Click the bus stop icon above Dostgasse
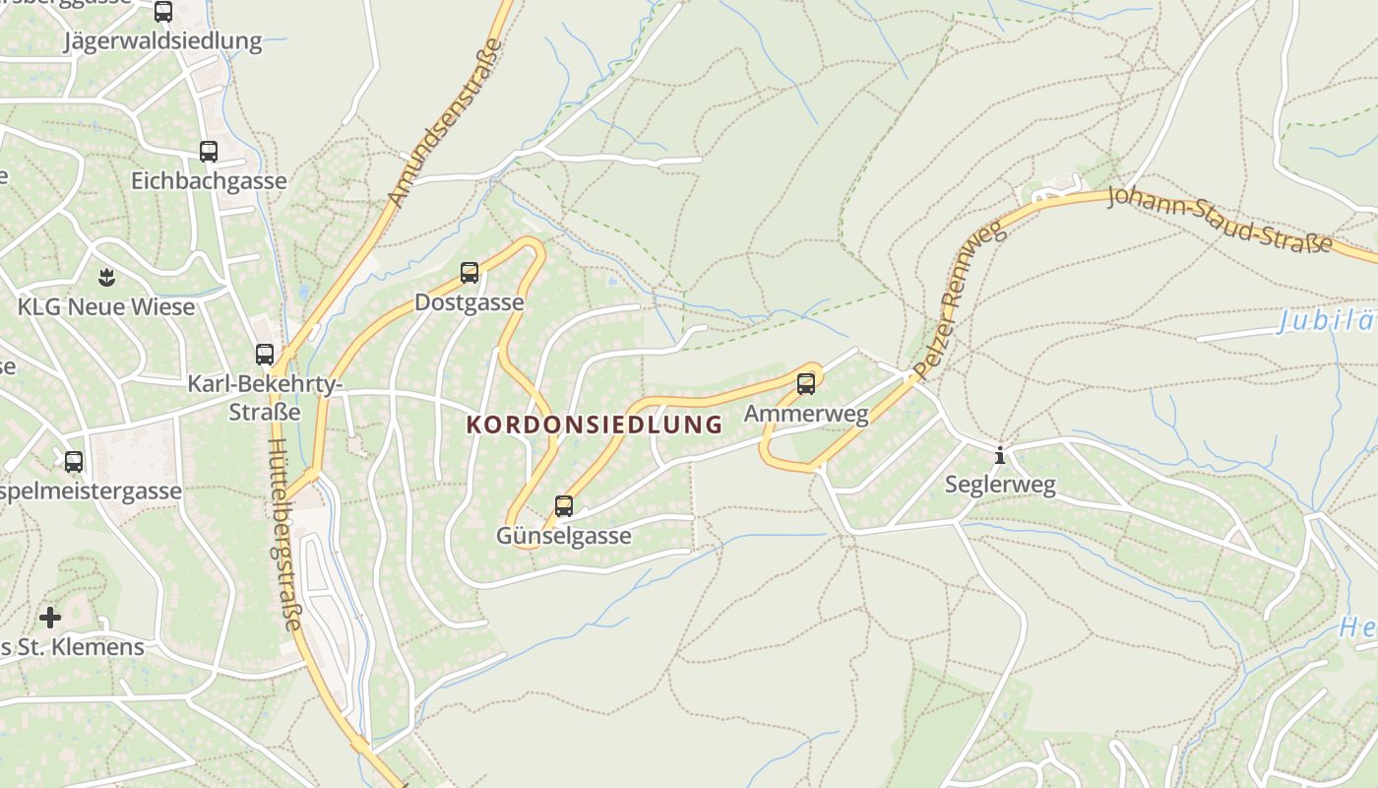[x=470, y=273]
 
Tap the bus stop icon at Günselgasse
[x=564, y=506]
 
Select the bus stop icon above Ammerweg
[x=806, y=384]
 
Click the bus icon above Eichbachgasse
[x=209, y=152]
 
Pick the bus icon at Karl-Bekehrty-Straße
[x=265, y=355]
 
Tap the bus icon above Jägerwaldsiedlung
[x=163, y=12]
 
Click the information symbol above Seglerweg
[x=1000, y=455]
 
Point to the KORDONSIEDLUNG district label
[x=594, y=426]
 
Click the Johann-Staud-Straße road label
[x=1220, y=218]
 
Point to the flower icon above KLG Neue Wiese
[x=106, y=277]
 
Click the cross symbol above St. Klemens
[x=50, y=618]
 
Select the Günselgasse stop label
[x=563, y=537]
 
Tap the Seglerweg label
[x=1000, y=485]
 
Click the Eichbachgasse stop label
[x=209, y=181]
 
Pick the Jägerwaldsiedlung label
[x=163, y=41]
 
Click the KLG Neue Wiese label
[x=106, y=307]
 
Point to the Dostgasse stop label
[x=470, y=302]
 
